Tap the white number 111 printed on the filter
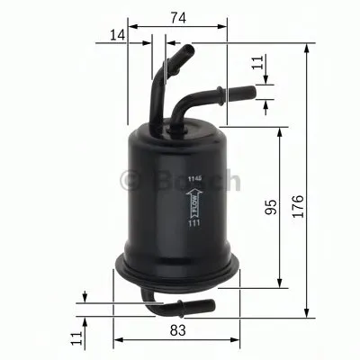click(x=193, y=236)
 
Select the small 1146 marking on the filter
click(x=193, y=181)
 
